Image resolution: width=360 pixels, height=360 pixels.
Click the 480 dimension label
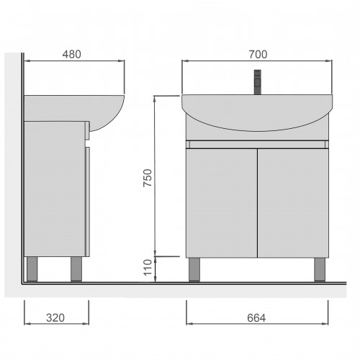[x=72, y=55]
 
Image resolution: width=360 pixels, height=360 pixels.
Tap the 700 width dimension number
[x=258, y=55]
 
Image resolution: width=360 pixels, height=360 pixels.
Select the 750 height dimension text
[x=148, y=178]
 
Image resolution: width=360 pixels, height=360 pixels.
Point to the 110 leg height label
[x=148, y=268]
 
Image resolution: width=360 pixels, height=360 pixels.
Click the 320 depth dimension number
[x=55, y=318]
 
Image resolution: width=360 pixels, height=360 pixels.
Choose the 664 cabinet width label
[x=256, y=318]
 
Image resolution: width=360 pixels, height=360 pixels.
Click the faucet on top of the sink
[x=258, y=82]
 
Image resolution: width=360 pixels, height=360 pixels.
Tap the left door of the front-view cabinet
[x=222, y=203]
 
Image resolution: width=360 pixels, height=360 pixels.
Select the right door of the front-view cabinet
[x=293, y=203]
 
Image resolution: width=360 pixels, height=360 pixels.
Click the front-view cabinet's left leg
[x=194, y=269]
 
